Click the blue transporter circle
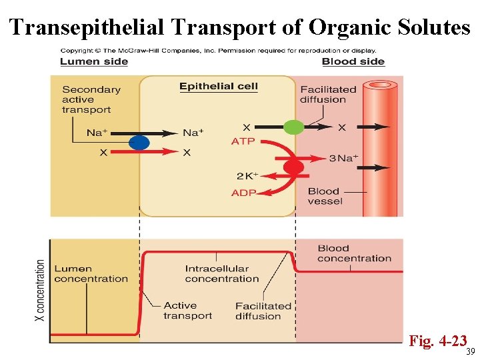click(139, 142)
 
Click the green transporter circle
click(294, 127)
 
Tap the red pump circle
click(294, 167)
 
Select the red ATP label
click(243, 141)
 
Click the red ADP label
click(243, 193)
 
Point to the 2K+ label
click(246, 177)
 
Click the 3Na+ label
click(344, 158)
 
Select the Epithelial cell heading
click(218, 86)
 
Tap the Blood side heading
click(353, 61)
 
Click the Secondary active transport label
click(91, 99)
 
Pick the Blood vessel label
click(325, 196)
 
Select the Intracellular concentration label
click(222, 274)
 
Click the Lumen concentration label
click(91, 274)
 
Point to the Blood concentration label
click(354, 253)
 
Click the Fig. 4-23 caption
click(437, 341)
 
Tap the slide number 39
click(470, 352)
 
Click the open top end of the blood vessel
click(381, 85)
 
